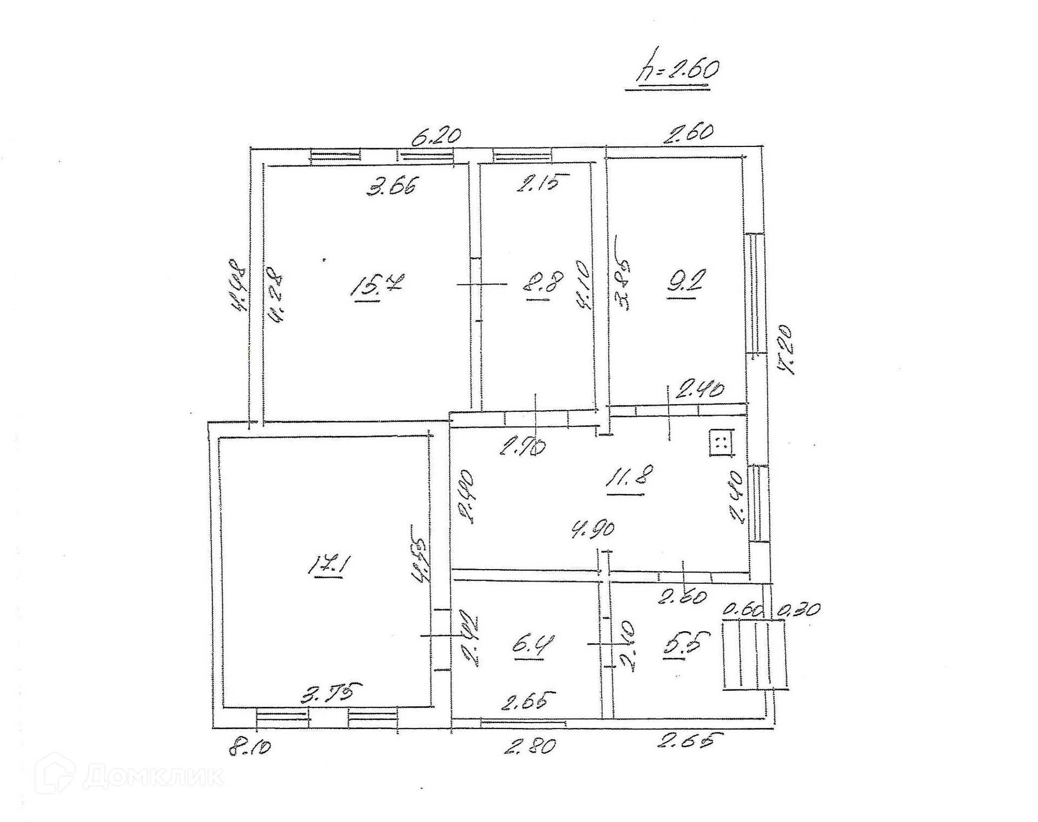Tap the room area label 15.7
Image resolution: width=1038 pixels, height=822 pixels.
point(374,286)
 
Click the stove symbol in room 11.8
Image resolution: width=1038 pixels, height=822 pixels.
point(720,443)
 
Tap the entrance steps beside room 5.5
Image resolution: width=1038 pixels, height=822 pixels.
point(755,655)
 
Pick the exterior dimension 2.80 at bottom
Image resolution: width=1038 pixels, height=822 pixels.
point(530,746)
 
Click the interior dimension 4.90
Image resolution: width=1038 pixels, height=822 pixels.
point(593,529)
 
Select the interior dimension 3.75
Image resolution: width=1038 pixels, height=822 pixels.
point(331,693)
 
